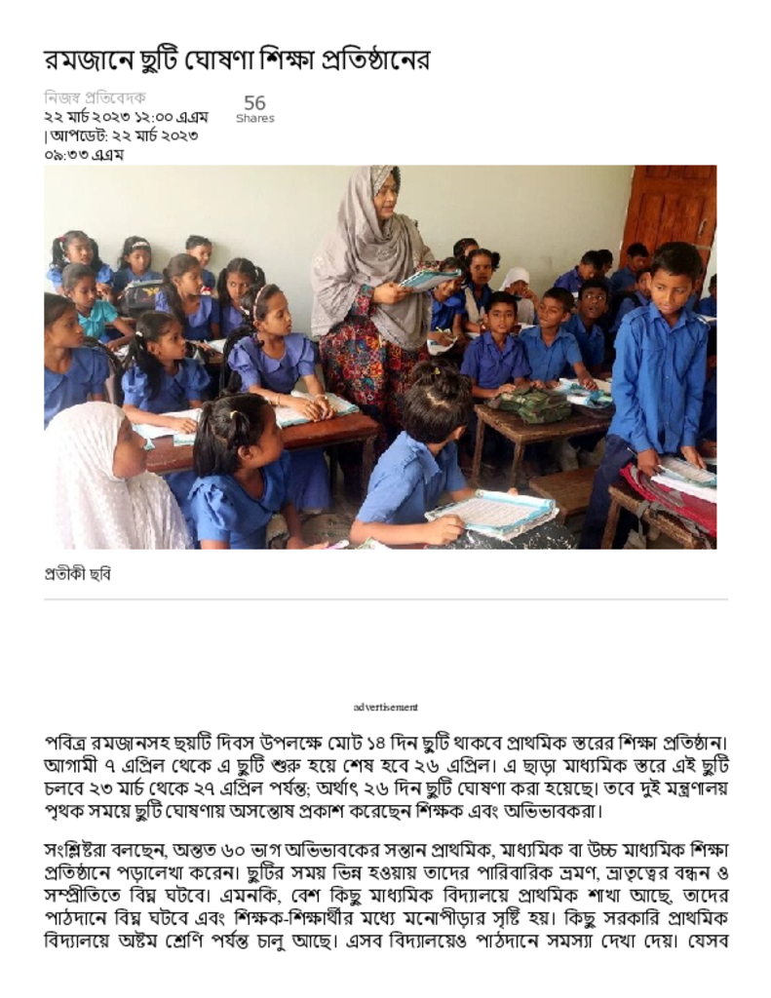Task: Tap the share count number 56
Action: [x=254, y=103]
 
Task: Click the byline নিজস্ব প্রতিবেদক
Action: [x=95, y=97]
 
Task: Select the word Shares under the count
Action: [x=254, y=119]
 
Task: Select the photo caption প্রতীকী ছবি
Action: [x=78, y=574]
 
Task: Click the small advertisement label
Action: [x=386, y=707]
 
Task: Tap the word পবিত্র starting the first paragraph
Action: [x=69, y=744]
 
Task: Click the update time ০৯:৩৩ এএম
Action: [x=84, y=154]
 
